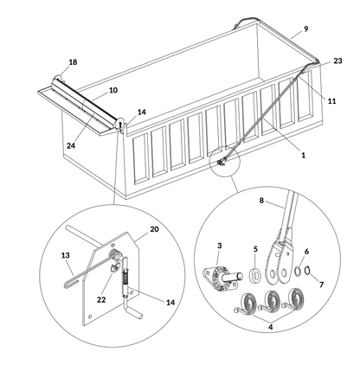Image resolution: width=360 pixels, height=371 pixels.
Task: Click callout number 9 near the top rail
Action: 305,29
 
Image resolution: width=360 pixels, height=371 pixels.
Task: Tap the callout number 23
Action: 337,61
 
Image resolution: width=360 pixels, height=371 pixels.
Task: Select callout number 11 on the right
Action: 331,102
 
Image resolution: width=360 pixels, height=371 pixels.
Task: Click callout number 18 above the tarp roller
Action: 73,63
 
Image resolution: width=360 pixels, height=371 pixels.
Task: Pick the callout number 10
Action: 113,90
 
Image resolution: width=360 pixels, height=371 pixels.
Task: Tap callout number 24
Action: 70,145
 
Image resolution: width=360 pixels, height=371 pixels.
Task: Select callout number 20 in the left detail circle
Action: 155,229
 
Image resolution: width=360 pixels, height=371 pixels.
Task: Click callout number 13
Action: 64,256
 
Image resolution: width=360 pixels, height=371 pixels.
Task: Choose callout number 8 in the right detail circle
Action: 262,201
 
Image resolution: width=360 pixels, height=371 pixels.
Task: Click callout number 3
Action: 220,247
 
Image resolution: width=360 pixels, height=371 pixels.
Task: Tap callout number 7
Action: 324,283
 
